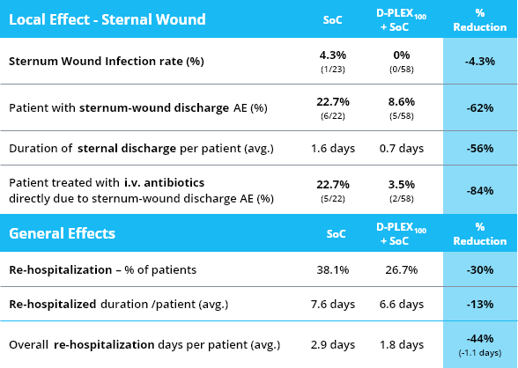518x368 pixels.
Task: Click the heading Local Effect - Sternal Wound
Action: pyautogui.click(x=107, y=19)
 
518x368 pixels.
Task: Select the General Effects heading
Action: pyautogui.click(x=62, y=233)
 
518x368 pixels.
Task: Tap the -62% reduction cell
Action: pyautogui.click(x=480, y=108)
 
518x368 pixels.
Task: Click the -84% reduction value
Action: pyautogui.click(x=480, y=190)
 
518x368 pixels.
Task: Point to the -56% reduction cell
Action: pyautogui.click(x=480, y=148)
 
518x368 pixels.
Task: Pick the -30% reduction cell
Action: pyautogui.click(x=480, y=269)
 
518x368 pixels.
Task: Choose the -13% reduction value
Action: pyautogui.click(x=480, y=304)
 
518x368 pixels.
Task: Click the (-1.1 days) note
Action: pyautogui.click(x=480, y=353)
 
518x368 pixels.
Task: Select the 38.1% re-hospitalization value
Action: pyautogui.click(x=333, y=270)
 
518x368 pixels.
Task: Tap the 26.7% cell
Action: pyautogui.click(x=402, y=270)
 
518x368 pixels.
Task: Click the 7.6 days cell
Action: pyautogui.click(x=333, y=304)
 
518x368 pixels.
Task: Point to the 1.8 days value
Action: pyautogui.click(x=402, y=345)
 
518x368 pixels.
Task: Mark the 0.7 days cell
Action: pyautogui.click(x=402, y=149)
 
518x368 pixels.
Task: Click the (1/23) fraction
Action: pyautogui.click(x=333, y=70)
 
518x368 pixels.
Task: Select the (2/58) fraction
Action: pyautogui.click(x=402, y=199)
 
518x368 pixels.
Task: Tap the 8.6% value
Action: pyautogui.click(x=402, y=101)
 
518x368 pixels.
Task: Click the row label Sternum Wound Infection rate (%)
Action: pyautogui.click(x=107, y=62)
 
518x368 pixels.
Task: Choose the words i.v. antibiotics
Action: pyautogui.click(x=165, y=182)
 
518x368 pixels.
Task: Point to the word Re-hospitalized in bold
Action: pyautogui.click(x=53, y=304)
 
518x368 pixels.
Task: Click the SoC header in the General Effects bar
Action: pyautogui.click(x=336, y=234)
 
